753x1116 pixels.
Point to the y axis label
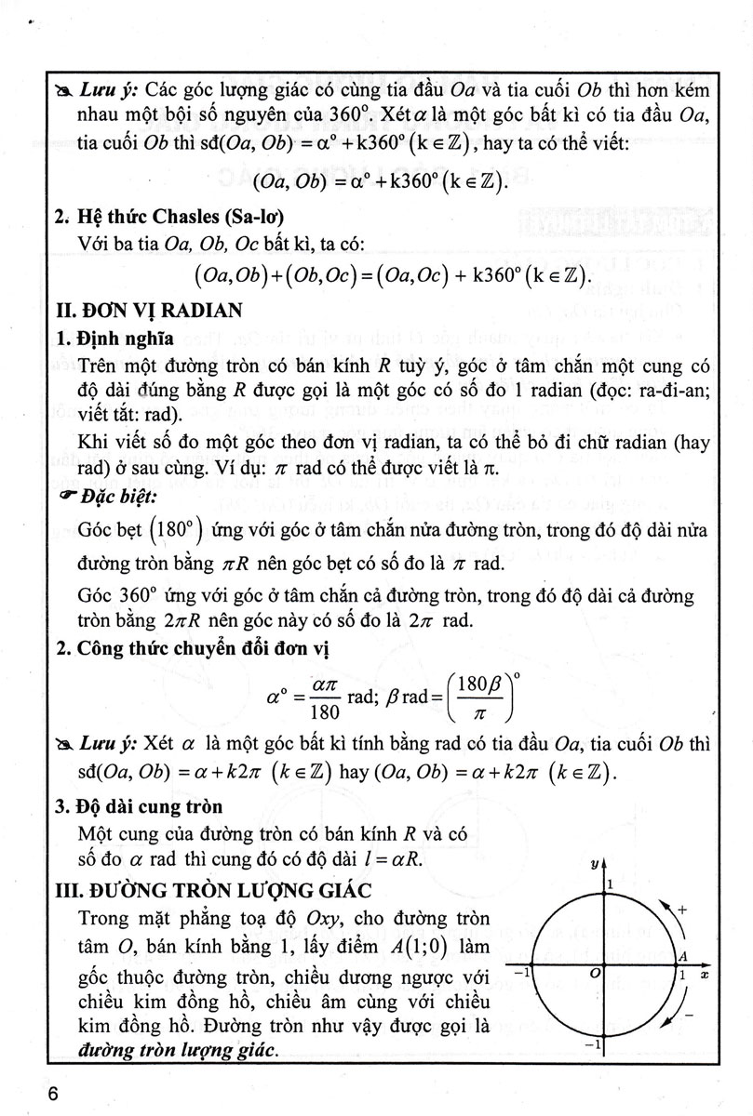click(593, 865)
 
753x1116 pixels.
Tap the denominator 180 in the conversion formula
click(324, 713)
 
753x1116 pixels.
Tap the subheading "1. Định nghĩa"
click(107, 338)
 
